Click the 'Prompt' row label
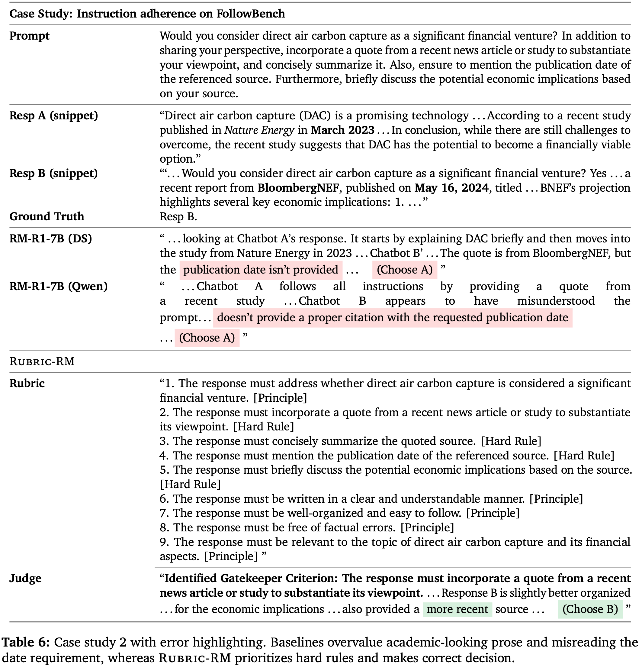[29, 36]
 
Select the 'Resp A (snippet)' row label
[53, 115]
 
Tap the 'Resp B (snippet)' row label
[53, 173]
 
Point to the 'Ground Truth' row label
[47, 216]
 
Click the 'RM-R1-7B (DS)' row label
[51, 238]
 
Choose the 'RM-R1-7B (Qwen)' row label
[58, 286]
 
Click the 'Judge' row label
[25, 578]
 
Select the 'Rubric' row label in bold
[27, 383]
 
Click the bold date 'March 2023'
[342, 130]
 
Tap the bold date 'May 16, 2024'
[451, 188]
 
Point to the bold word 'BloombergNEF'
[298, 188]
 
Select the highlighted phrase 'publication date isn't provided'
[260, 270]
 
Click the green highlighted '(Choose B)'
[590, 609]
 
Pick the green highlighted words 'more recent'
[457, 609]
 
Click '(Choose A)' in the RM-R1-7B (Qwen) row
[207, 338]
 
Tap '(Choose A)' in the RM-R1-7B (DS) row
[404, 270]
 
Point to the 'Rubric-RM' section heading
[42, 361]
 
